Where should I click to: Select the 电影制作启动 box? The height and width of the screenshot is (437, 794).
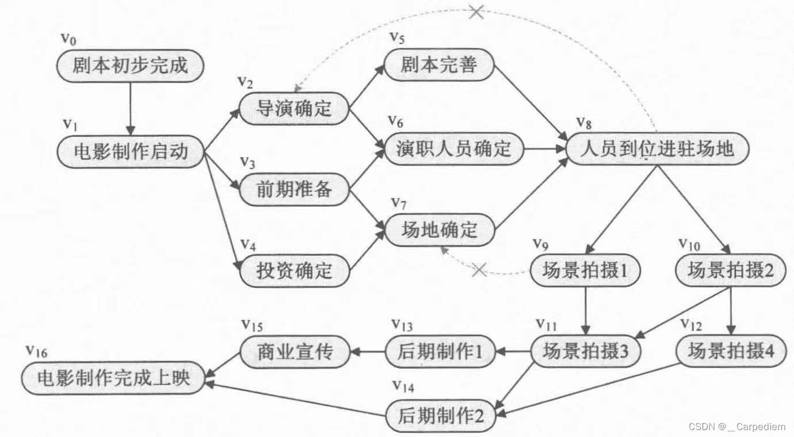(x=131, y=152)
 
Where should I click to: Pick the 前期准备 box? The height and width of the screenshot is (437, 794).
(x=294, y=189)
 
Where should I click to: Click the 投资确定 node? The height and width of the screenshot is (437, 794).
(x=294, y=270)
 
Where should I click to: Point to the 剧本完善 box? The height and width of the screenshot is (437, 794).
(x=439, y=64)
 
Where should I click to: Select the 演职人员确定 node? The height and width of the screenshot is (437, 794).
(x=454, y=149)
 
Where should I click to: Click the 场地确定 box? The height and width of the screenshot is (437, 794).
(x=440, y=230)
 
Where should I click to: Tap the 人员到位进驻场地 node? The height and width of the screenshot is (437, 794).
(x=657, y=149)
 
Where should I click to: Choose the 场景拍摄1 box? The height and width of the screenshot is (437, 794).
(x=585, y=270)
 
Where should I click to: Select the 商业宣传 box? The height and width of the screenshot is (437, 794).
(x=294, y=351)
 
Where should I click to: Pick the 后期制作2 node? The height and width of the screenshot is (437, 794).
(x=440, y=416)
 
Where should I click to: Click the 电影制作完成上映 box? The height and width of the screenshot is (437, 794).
(x=113, y=378)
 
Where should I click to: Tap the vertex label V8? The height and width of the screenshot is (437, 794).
(x=583, y=123)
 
